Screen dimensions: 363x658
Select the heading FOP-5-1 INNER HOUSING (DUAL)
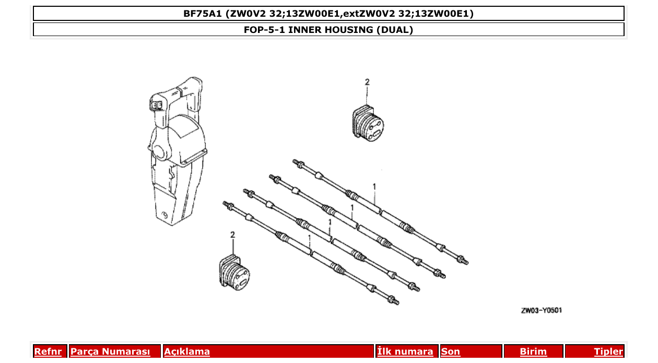coord(328,30)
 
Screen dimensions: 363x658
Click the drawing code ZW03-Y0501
coord(541,311)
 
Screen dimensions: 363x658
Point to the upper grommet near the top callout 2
coord(368,123)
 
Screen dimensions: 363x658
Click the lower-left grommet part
coord(233,272)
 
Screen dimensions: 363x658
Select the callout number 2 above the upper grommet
coord(367,82)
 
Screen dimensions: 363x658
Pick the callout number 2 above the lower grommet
coord(232,235)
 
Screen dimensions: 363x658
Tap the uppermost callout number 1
coord(374,186)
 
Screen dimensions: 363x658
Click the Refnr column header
coord(48,352)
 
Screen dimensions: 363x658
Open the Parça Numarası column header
coord(110,352)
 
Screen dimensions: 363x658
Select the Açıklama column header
coord(187,352)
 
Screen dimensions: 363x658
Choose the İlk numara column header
coord(405,352)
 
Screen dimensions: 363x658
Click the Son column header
coord(450,352)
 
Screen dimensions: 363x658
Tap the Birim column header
coord(533,352)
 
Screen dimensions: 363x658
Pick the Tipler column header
coord(608,352)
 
